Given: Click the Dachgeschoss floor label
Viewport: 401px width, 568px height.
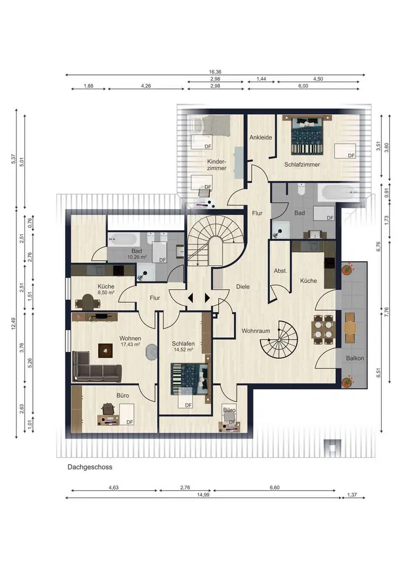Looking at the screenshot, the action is pos(90,467).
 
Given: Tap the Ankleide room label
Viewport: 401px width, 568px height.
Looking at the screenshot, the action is pos(261,137).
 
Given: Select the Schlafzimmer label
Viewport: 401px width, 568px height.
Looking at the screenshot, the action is pos(302,165).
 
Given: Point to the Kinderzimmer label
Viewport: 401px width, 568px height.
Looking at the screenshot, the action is pos(217,165).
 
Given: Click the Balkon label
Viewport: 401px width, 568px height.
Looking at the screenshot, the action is pos(354,358).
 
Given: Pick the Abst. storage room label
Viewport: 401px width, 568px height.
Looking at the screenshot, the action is pos(280,271).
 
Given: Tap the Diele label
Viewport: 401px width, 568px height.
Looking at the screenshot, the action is pos(243,286).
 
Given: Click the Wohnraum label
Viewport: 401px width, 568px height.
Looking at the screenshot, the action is pos(256,331).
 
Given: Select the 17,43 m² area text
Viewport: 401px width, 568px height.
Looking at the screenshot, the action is pos(130,345).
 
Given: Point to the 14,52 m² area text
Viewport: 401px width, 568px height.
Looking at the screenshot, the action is pos(183,350).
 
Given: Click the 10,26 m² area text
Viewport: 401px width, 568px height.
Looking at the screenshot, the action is pos(137,257).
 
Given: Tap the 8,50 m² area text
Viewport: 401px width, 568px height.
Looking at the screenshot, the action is pos(106,293).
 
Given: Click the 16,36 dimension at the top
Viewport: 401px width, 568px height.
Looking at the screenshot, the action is pos(215,72).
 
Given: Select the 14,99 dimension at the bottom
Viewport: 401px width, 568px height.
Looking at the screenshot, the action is pos(203,495).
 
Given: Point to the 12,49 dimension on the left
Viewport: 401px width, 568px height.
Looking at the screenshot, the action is pos(14,324).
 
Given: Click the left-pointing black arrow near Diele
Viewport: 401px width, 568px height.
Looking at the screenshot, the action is pos(191,298).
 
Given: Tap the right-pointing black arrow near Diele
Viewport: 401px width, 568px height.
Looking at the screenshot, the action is pos(207,298).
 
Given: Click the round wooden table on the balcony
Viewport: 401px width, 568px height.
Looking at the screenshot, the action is pos(349,328).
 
